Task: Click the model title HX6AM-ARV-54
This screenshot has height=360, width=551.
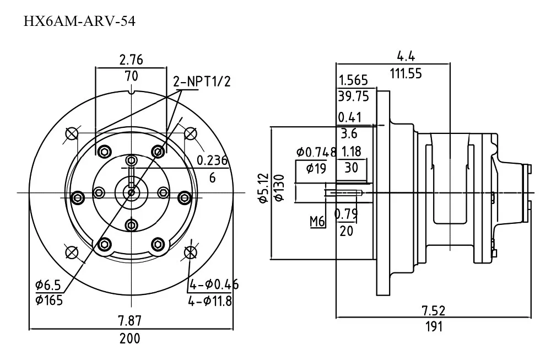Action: tap(79, 22)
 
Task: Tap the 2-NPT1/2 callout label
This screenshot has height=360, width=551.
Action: tap(202, 82)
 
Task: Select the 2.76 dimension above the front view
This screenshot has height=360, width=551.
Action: tap(131, 60)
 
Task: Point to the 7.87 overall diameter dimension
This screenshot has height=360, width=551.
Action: tap(129, 321)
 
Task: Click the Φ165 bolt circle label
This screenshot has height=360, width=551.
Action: tap(49, 300)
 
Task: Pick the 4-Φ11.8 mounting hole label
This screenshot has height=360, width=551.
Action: tap(210, 301)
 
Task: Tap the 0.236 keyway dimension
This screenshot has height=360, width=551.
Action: tap(212, 160)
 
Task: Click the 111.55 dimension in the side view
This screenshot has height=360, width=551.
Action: tap(406, 73)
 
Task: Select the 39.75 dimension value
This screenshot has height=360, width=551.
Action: tap(354, 96)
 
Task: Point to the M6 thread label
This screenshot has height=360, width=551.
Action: tap(317, 222)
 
